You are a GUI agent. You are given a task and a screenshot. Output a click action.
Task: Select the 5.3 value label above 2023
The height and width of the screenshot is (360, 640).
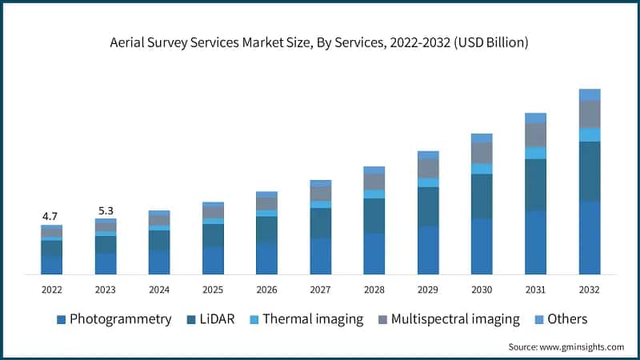106,210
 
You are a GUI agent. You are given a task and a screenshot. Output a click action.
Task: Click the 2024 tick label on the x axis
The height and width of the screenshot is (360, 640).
159,289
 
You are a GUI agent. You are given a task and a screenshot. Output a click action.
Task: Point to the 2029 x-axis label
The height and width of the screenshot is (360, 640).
428,289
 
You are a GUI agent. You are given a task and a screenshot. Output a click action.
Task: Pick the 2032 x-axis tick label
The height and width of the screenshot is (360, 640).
590,289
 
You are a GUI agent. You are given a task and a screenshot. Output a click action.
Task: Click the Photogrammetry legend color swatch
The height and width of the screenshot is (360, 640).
61,320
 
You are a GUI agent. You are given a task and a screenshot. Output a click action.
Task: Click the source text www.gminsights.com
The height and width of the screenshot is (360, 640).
566,346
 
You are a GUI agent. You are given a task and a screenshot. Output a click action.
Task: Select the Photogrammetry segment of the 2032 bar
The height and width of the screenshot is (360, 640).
590,238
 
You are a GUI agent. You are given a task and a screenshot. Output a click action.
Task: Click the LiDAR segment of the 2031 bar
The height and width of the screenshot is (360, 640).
536,185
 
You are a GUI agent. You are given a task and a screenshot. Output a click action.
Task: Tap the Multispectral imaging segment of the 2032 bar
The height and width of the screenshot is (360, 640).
590,114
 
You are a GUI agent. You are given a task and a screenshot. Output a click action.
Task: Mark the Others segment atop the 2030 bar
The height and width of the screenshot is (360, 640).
482,138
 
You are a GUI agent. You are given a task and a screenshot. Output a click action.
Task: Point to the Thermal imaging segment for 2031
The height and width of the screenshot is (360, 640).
536,153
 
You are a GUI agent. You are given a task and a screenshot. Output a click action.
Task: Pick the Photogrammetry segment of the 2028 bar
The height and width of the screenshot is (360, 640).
374,254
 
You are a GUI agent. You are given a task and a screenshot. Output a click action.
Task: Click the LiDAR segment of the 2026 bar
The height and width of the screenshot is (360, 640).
266,229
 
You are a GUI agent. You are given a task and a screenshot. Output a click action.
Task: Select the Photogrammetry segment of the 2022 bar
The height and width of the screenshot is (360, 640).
51,266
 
